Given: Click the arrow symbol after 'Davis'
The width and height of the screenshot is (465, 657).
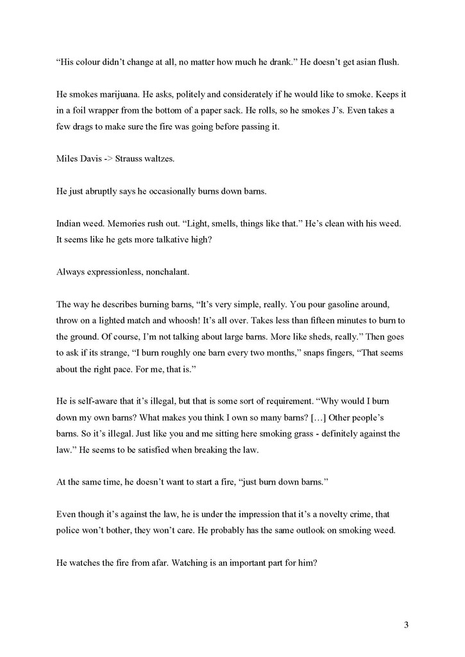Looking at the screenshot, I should pos(108,158).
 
